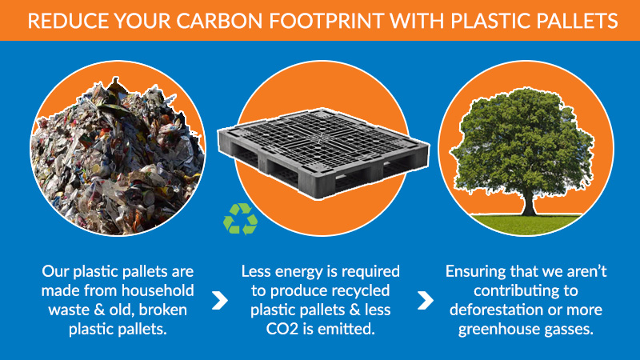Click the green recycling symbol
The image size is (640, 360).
(241, 219)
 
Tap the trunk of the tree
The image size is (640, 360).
(529, 203)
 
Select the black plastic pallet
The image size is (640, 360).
(323, 154)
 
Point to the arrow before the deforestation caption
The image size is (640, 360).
(425, 301)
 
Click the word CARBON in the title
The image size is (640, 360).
(220, 21)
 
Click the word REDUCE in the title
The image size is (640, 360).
(68, 21)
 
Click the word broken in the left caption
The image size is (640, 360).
(163, 310)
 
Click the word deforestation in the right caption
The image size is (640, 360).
(496, 310)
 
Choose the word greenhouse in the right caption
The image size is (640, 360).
(496, 330)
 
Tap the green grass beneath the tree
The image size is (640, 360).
(526, 224)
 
